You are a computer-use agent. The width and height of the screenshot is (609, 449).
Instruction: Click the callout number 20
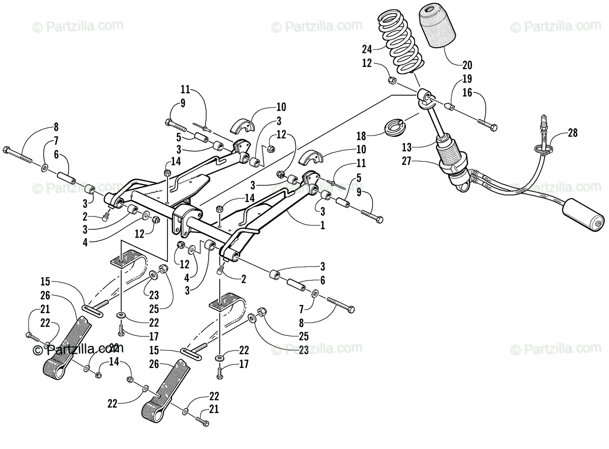tap(466, 64)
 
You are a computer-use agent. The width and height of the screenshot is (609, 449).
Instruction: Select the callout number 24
tap(367, 49)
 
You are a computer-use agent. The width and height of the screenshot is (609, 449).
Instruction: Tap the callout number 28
tap(572, 133)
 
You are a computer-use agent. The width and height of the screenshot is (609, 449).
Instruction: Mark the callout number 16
tap(466, 92)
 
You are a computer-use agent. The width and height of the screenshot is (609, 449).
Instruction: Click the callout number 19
tap(466, 79)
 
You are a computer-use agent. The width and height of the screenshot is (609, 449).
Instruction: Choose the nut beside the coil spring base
tap(392, 80)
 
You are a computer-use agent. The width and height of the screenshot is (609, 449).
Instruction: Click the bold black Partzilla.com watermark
tap(78, 349)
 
